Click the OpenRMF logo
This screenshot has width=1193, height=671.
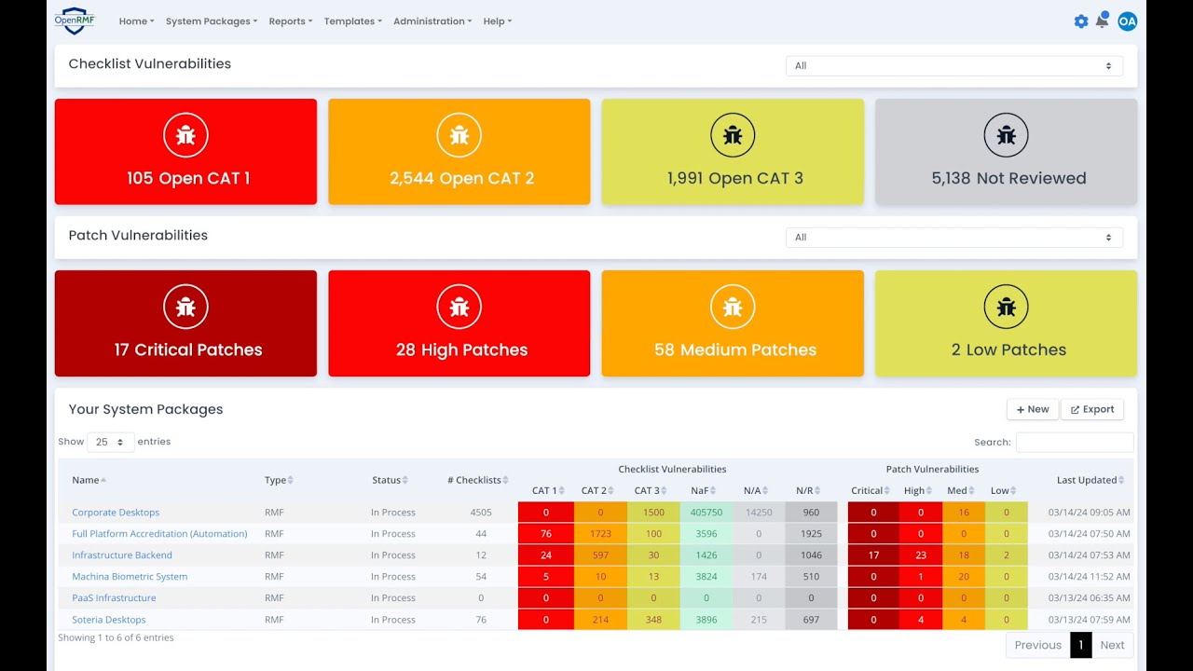[75, 21]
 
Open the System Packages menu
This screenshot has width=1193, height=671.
[212, 21]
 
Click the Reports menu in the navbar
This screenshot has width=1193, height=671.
[290, 21]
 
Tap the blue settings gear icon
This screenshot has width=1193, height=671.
[1080, 21]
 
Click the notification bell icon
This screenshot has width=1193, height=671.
[1102, 21]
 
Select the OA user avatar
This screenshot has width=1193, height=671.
[1127, 21]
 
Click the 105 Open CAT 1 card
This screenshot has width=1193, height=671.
[185, 151]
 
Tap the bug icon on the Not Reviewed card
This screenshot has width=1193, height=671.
[1006, 135]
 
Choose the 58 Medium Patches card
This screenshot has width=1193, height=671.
[733, 323]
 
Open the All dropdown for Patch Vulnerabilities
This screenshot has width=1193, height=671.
[953, 238]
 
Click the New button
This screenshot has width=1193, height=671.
[1032, 409]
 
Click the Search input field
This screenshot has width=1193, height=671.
[1075, 442]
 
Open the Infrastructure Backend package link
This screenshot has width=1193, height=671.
[122, 555]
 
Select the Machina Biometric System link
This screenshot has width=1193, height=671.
[130, 576]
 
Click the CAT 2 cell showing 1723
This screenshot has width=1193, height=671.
[600, 534]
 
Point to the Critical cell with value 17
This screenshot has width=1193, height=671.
[873, 555]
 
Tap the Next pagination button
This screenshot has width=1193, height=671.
[1112, 645]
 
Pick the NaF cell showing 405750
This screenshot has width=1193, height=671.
[706, 513]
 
